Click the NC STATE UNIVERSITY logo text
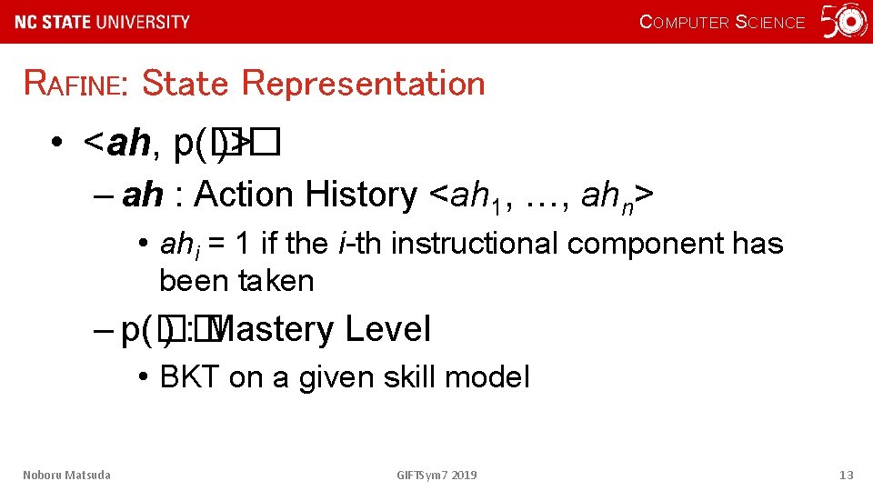click(x=103, y=22)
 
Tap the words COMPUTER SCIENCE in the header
click(x=722, y=23)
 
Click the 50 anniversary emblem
click(x=844, y=22)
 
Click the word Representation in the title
click(x=364, y=84)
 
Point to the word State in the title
click(x=186, y=84)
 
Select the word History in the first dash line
click(x=359, y=195)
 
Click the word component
click(x=651, y=244)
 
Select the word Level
click(x=387, y=329)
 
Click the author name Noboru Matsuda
click(x=66, y=475)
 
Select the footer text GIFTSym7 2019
click(x=436, y=475)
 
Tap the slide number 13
click(x=847, y=475)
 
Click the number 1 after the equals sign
click(x=242, y=244)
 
